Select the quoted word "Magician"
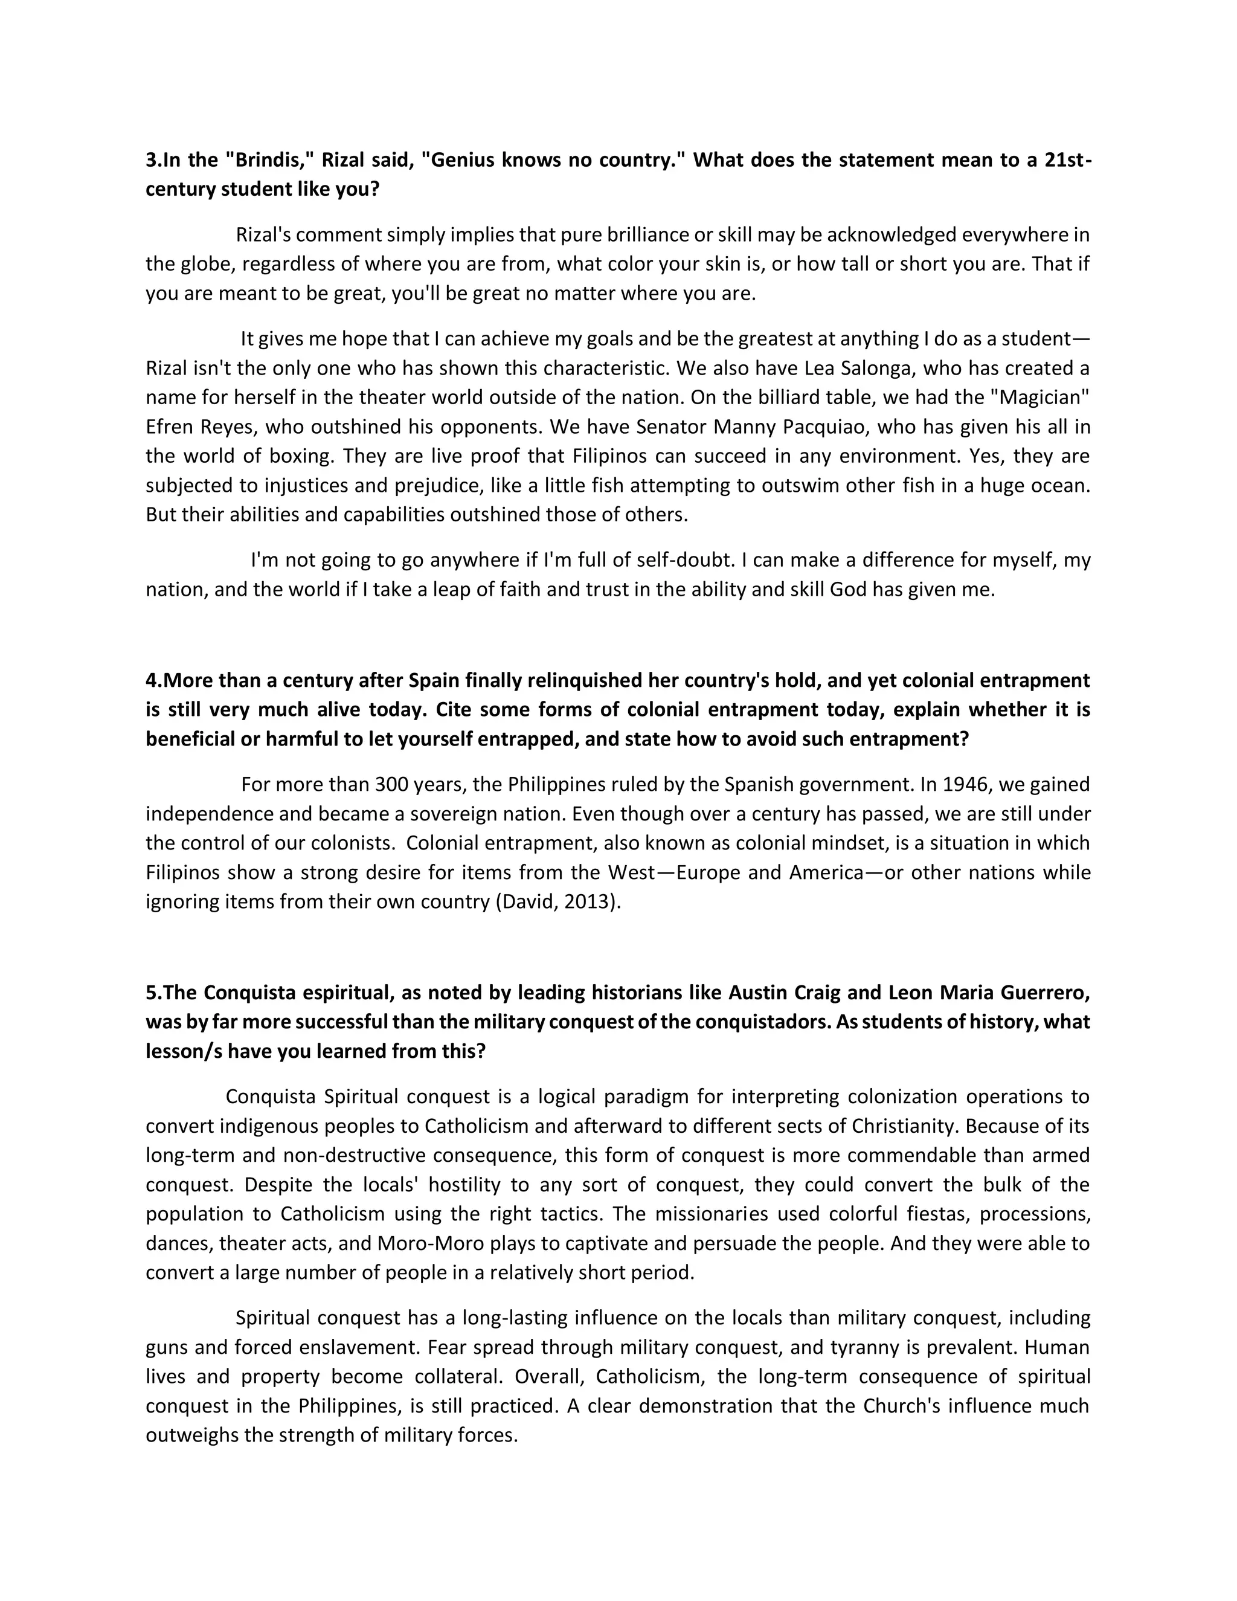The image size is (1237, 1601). click(1038, 398)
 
